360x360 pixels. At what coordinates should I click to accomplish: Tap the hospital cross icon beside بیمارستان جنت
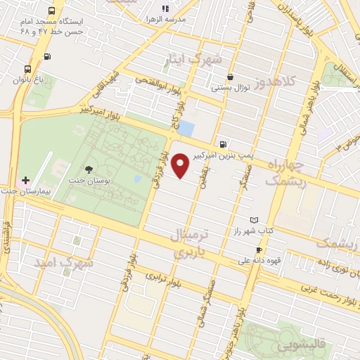click(26, 181)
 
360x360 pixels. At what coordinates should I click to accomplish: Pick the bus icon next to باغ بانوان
click(27, 70)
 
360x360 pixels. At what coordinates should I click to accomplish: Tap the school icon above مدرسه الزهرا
click(166, 8)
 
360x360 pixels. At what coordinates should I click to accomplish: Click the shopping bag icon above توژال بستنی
click(230, 78)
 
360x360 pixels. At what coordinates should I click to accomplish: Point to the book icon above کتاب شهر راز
click(254, 220)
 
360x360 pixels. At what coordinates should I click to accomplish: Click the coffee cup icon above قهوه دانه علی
click(259, 250)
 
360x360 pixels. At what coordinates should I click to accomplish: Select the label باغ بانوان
click(27, 80)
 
